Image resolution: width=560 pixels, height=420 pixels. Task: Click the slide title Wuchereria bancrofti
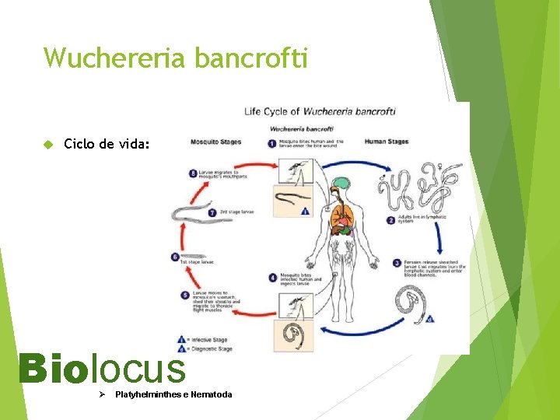coord(176,58)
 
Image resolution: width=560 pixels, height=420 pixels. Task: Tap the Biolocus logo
coord(102,369)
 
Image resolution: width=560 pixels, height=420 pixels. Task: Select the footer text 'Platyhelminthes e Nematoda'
coord(173,395)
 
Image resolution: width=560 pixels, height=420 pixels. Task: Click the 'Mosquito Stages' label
coord(215,142)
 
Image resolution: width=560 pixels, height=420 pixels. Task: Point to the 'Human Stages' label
coord(387,142)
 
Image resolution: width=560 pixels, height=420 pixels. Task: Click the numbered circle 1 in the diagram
coord(272,143)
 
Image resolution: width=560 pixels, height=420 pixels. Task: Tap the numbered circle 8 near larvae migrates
coord(194,173)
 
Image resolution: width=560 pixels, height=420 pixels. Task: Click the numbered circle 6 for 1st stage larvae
coord(175,257)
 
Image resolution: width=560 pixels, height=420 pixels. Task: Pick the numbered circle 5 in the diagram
coord(184,296)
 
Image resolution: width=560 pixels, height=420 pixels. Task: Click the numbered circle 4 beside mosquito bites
coord(272,277)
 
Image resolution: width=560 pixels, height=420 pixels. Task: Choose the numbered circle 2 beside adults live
coord(390,220)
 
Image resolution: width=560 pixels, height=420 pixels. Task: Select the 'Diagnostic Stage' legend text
coord(213,349)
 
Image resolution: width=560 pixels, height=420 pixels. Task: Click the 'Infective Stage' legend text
coord(211,339)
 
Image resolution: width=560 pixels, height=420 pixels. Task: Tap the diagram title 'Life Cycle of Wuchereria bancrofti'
coord(320,112)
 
